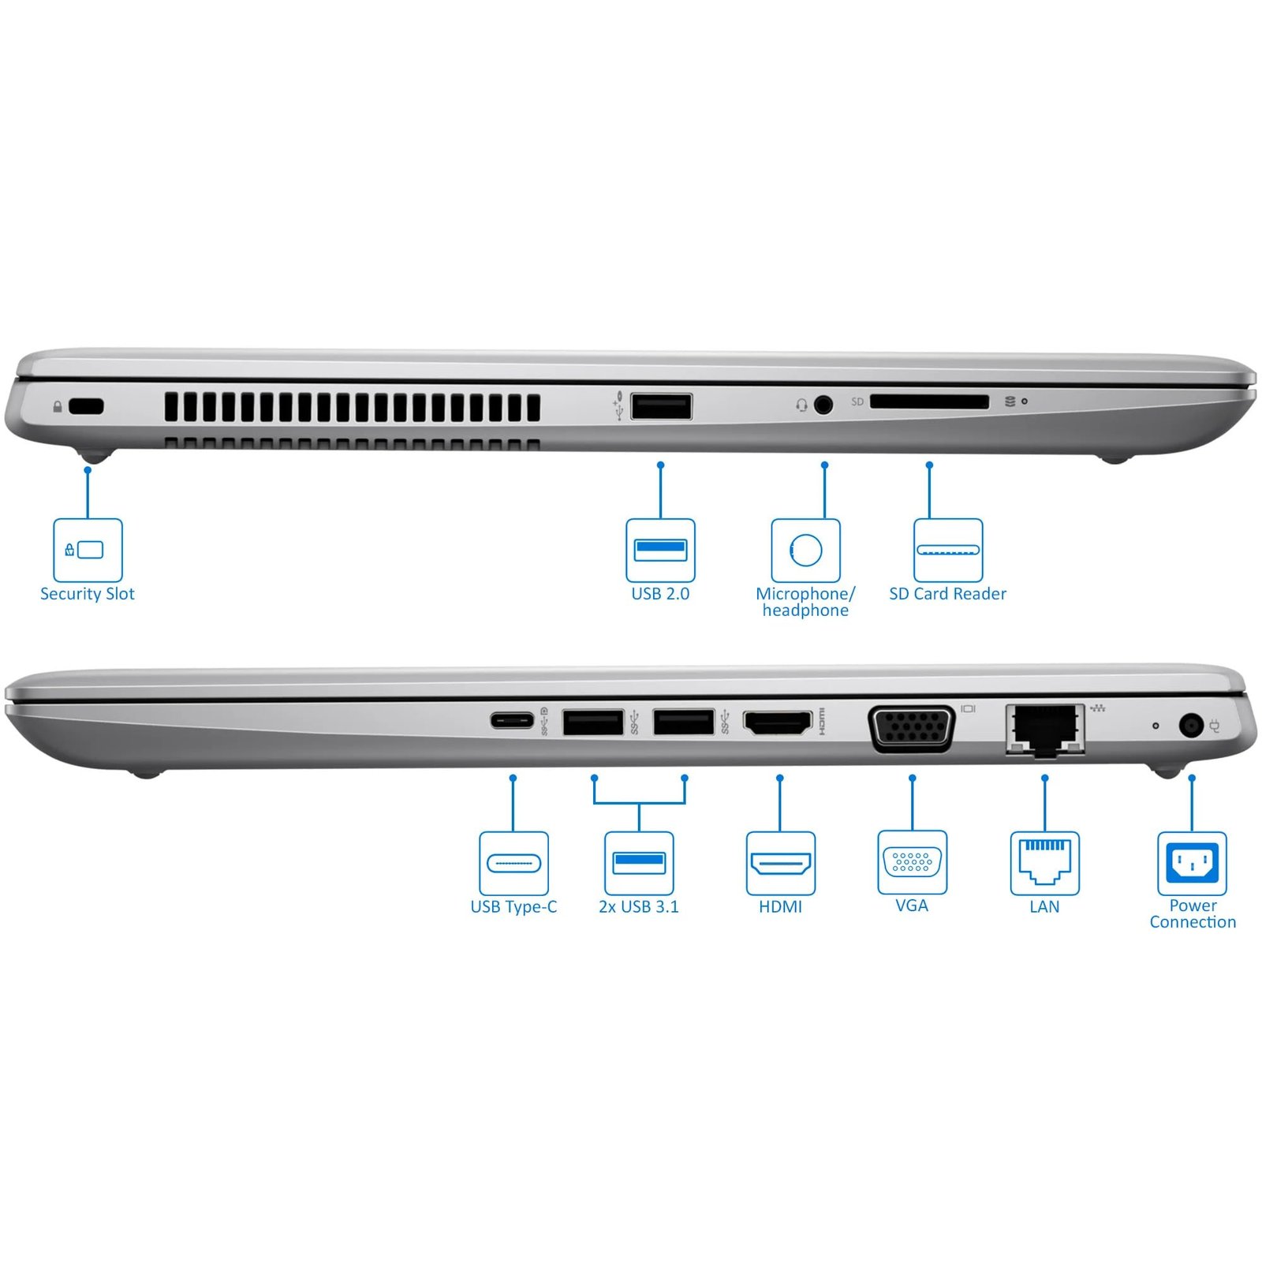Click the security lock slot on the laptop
tap(86, 406)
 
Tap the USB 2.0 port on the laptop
tap(661, 406)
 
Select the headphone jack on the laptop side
tap(823, 405)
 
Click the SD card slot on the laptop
tap(929, 402)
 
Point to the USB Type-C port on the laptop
tap(512, 720)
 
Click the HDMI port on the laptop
tap(778, 722)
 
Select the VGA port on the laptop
tap(912, 727)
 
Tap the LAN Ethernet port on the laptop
tap(1045, 730)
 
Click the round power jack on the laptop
tap(1191, 725)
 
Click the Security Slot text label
tap(88, 594)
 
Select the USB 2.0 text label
tap(660, 594)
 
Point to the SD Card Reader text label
tap(948, 594)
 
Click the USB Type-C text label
tap(513, 907)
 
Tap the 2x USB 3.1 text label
tap(639, 907)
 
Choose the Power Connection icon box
tap(1192, 863)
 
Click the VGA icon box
tap(913, 862)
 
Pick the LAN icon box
tap(1045, 863)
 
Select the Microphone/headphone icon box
tap(805, 550)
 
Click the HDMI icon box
tap(781, 863)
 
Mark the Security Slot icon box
tap(88, 550)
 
